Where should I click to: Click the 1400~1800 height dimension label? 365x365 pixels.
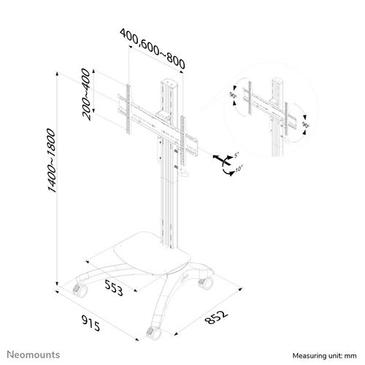(52, 161)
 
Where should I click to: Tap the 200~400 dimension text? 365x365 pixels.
(86, 94)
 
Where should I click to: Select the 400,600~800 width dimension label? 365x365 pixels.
(153, 48)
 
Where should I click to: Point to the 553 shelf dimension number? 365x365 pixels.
(114, 287)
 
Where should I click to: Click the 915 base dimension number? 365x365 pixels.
(91, 323)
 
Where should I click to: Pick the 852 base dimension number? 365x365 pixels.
(216, 317)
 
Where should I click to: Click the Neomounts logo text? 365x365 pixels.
(34, 355)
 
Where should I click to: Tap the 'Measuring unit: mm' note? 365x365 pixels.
(324, 356)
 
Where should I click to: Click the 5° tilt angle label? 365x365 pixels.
(237, 154)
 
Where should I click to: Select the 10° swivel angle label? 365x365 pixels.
(239, 169)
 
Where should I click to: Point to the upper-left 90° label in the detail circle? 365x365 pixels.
(233, 95)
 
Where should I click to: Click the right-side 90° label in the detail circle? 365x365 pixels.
(306, 125)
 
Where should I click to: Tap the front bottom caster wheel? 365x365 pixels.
(154, 334)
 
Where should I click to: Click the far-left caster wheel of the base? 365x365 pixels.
(80, 291)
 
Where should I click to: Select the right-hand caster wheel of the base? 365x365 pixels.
(206, 283)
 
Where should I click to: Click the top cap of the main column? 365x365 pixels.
(169, 82)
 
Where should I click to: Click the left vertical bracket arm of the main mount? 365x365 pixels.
(128, 109)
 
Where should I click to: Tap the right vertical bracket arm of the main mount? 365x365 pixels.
(182, 140)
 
